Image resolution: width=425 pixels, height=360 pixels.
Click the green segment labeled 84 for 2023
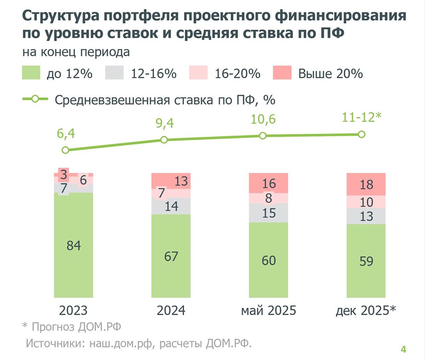click(73, 245)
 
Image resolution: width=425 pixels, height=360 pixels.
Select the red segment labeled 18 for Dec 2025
click(366, 184)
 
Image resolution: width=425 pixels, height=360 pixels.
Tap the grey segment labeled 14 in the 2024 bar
click(171, 206)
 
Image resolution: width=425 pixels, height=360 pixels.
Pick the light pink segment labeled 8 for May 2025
click(269, 198)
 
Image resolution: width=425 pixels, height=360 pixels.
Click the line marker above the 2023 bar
click(65, 150)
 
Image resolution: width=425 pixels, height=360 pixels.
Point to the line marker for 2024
click(164, 140)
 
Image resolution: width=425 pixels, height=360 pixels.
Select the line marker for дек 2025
click(362, 134)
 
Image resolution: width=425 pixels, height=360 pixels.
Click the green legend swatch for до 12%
click(31, 73)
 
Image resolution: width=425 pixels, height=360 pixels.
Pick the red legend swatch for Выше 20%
click(282, 73)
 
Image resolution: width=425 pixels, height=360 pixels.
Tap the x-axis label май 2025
click(268, 310)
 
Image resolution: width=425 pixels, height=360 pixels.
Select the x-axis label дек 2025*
click(366, 310)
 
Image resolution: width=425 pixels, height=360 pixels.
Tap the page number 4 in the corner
click(403, 349)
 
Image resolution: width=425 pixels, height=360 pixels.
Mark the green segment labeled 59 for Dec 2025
click(366, 261)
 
